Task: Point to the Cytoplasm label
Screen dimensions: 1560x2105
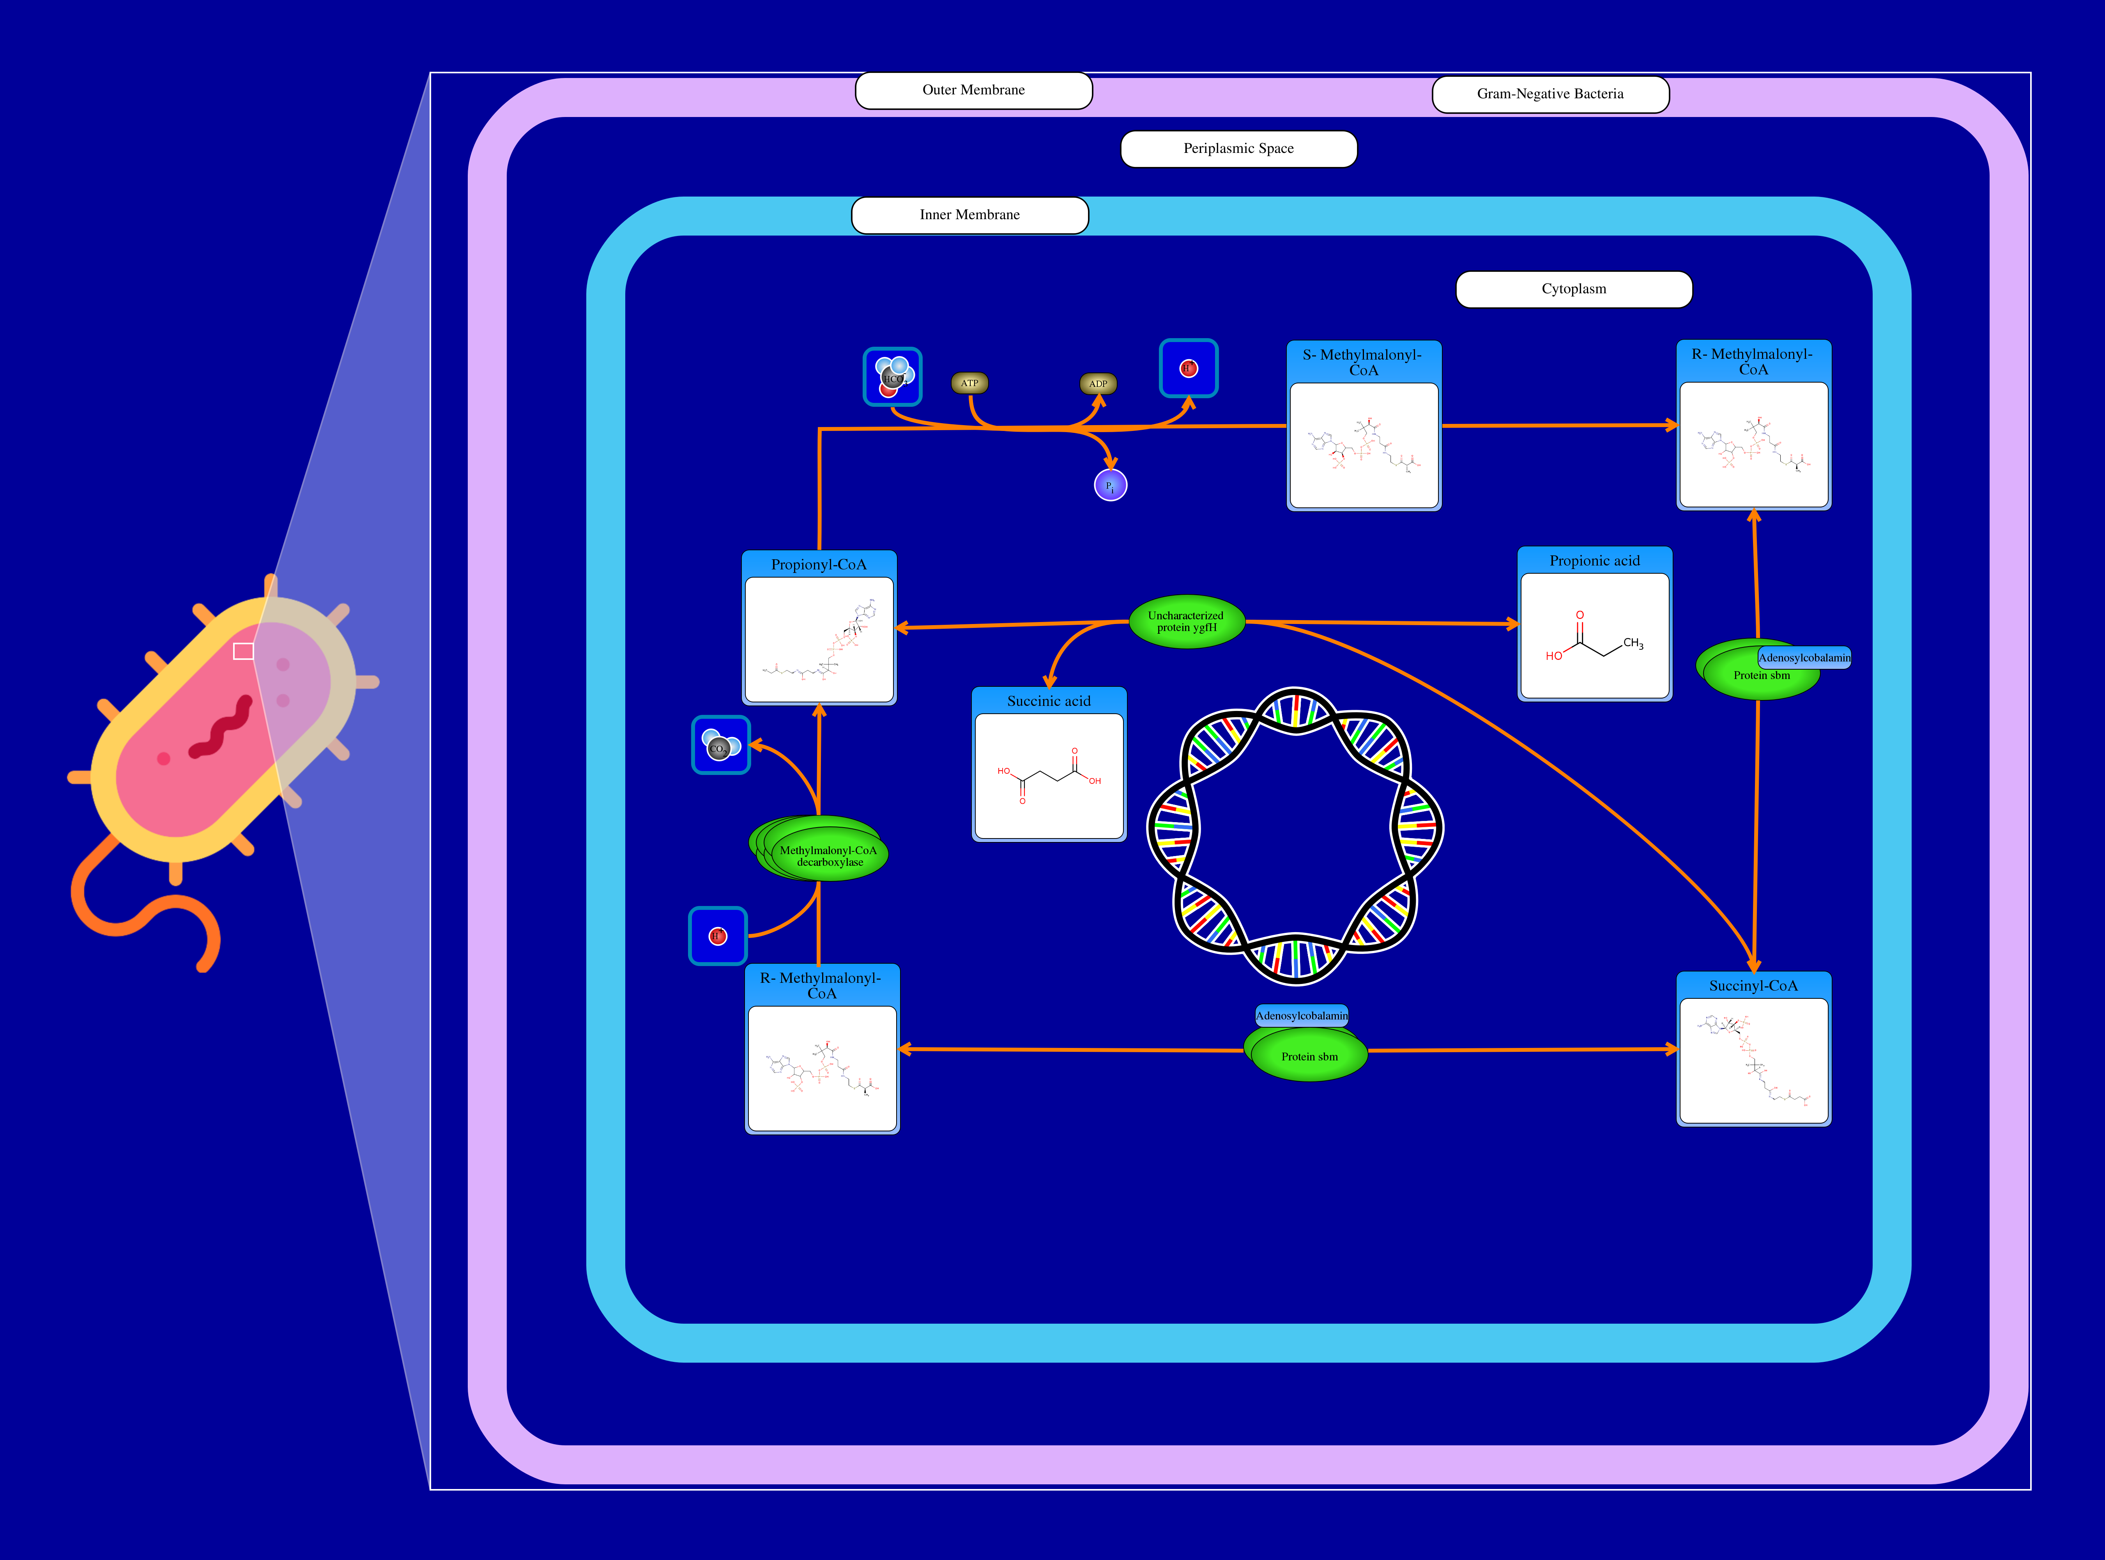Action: [1574, 289]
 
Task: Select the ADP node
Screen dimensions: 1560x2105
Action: [1098, 383]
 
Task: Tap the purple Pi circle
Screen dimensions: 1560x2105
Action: [1110, 486]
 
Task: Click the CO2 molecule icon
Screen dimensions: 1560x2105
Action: [720, 745]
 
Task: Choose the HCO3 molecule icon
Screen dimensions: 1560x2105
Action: [892, 377]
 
